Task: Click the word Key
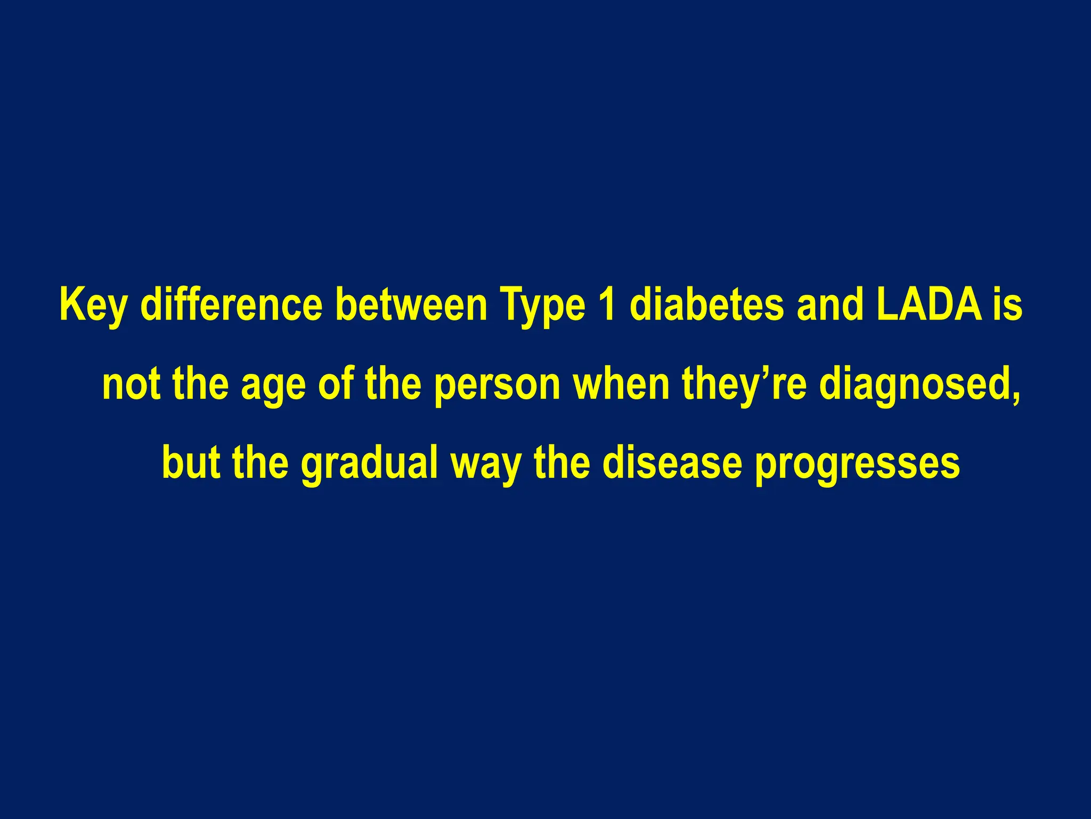tap(94, 306)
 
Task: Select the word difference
tap(231, 306)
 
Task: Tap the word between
tap(411, 306)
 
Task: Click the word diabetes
tap(706, 306)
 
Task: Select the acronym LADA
tap(928, 306)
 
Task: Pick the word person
tap(496, 385)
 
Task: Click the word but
tap(191, 462)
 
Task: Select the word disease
tap(672, 462)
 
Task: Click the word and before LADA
tap(830, 306)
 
